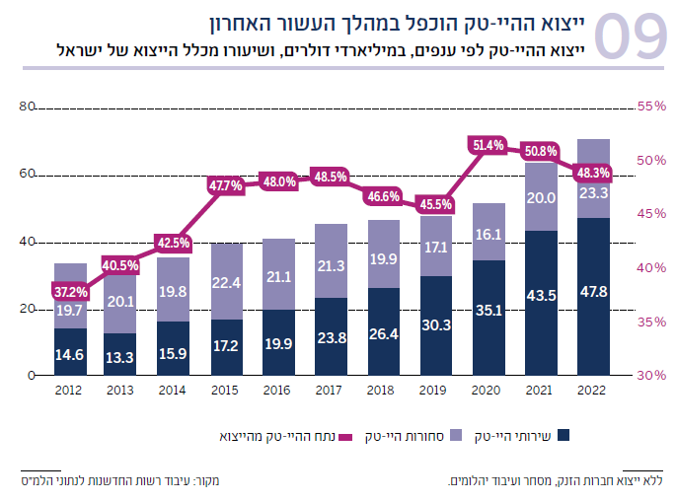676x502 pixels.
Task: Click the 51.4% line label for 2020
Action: click(x=488, y=145)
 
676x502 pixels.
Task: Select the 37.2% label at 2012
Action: click(x=70, y=292)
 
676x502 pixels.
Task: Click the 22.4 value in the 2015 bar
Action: click(x=226, y=282)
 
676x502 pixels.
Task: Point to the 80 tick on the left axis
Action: click(x=27, y=107)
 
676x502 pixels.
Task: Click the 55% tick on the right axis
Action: click(x=652, y=107)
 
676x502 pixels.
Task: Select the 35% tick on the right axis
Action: click(x=652, y=322)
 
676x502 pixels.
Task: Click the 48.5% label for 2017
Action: click(x=331, y=177)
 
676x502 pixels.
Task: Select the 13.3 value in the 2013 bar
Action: click(x=121, y=356)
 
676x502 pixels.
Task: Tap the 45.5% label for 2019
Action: click(x=436, y=205)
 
